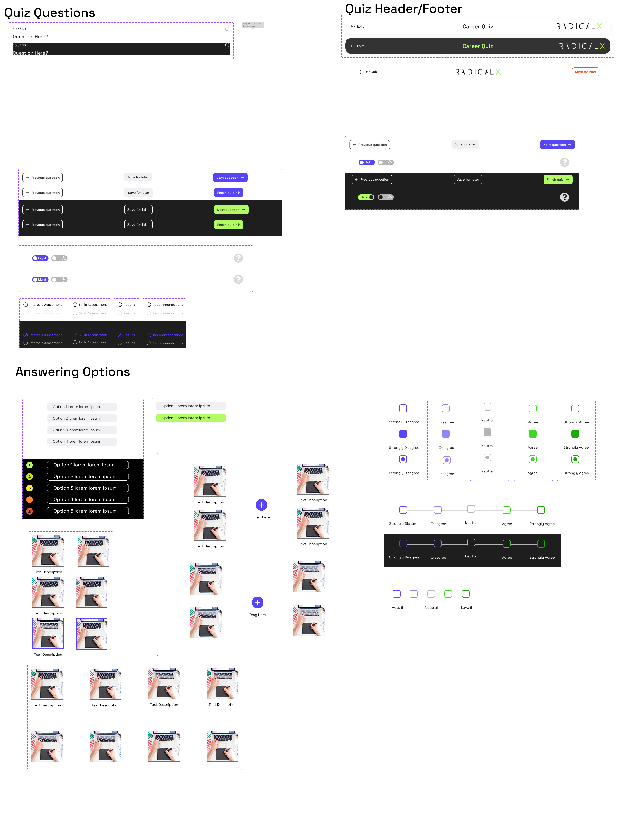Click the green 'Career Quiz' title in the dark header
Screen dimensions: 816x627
pos(477,46)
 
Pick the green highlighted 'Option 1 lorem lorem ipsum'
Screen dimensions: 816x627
pos(190,418)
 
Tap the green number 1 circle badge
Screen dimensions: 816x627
pos(30,465)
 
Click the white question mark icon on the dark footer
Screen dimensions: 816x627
pos(564,197)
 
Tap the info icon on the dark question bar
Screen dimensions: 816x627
pos(227,45)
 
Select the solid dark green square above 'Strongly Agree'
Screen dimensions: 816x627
pos(575,434)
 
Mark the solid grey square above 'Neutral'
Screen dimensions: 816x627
pos(487,432)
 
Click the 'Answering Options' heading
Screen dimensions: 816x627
pos(73,372)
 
